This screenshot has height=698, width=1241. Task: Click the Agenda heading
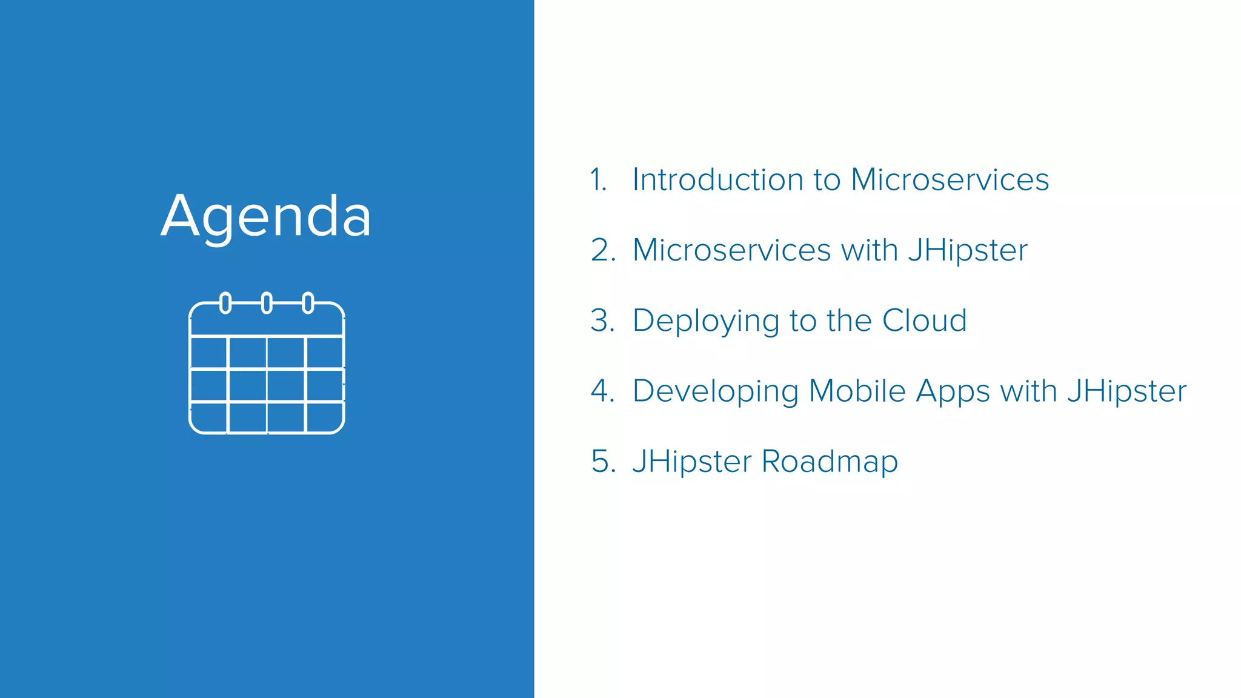pos(266,216)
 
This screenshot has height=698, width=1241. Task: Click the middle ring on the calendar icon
pos(267,303)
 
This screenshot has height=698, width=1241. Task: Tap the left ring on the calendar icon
pos(225,303)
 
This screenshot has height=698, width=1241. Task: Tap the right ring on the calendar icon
pos(308,303)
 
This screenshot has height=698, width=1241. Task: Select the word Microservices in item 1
pos(950,180)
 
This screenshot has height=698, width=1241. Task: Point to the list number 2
pos(602,250)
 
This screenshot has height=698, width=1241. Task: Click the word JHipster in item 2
pos(968,250)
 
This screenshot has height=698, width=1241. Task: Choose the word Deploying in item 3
pos(705,321)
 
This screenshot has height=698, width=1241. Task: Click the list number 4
pos(602,391)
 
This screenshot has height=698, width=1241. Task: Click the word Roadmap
pos(830,462)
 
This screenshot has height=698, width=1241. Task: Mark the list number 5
pos(602,462)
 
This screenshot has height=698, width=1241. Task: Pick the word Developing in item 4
pos(716,392)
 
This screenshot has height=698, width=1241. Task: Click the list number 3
pos(602,321)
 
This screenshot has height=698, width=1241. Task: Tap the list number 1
pos(598,180)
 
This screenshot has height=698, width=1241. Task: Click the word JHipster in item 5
pos(691,462)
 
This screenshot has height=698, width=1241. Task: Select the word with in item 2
pos(870,250)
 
